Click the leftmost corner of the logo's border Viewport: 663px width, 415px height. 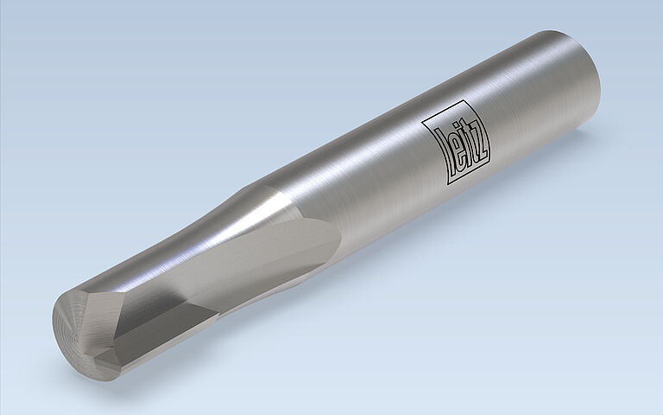coord(422,123)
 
